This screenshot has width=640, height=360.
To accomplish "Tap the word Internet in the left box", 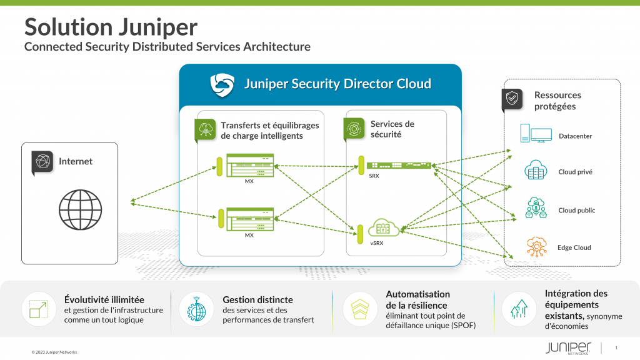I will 76,161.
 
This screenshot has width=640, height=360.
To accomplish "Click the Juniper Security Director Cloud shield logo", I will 222,84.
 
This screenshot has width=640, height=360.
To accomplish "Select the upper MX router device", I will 250,166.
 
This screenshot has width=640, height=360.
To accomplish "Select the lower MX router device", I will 250,219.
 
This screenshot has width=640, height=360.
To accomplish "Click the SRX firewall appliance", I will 399,166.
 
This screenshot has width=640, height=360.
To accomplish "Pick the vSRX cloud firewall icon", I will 383,228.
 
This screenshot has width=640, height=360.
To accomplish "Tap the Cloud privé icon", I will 536,170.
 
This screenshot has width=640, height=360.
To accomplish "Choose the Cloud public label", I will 576,211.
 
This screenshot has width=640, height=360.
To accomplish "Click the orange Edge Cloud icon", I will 536,246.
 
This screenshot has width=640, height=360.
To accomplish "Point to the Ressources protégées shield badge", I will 512,99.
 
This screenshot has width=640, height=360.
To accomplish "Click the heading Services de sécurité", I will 392,129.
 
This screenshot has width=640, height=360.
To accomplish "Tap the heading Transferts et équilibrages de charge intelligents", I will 270,131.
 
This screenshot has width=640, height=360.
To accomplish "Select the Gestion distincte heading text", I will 257,300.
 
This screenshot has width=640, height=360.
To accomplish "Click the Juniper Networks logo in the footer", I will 567,348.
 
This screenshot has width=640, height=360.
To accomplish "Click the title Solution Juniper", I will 111,27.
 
